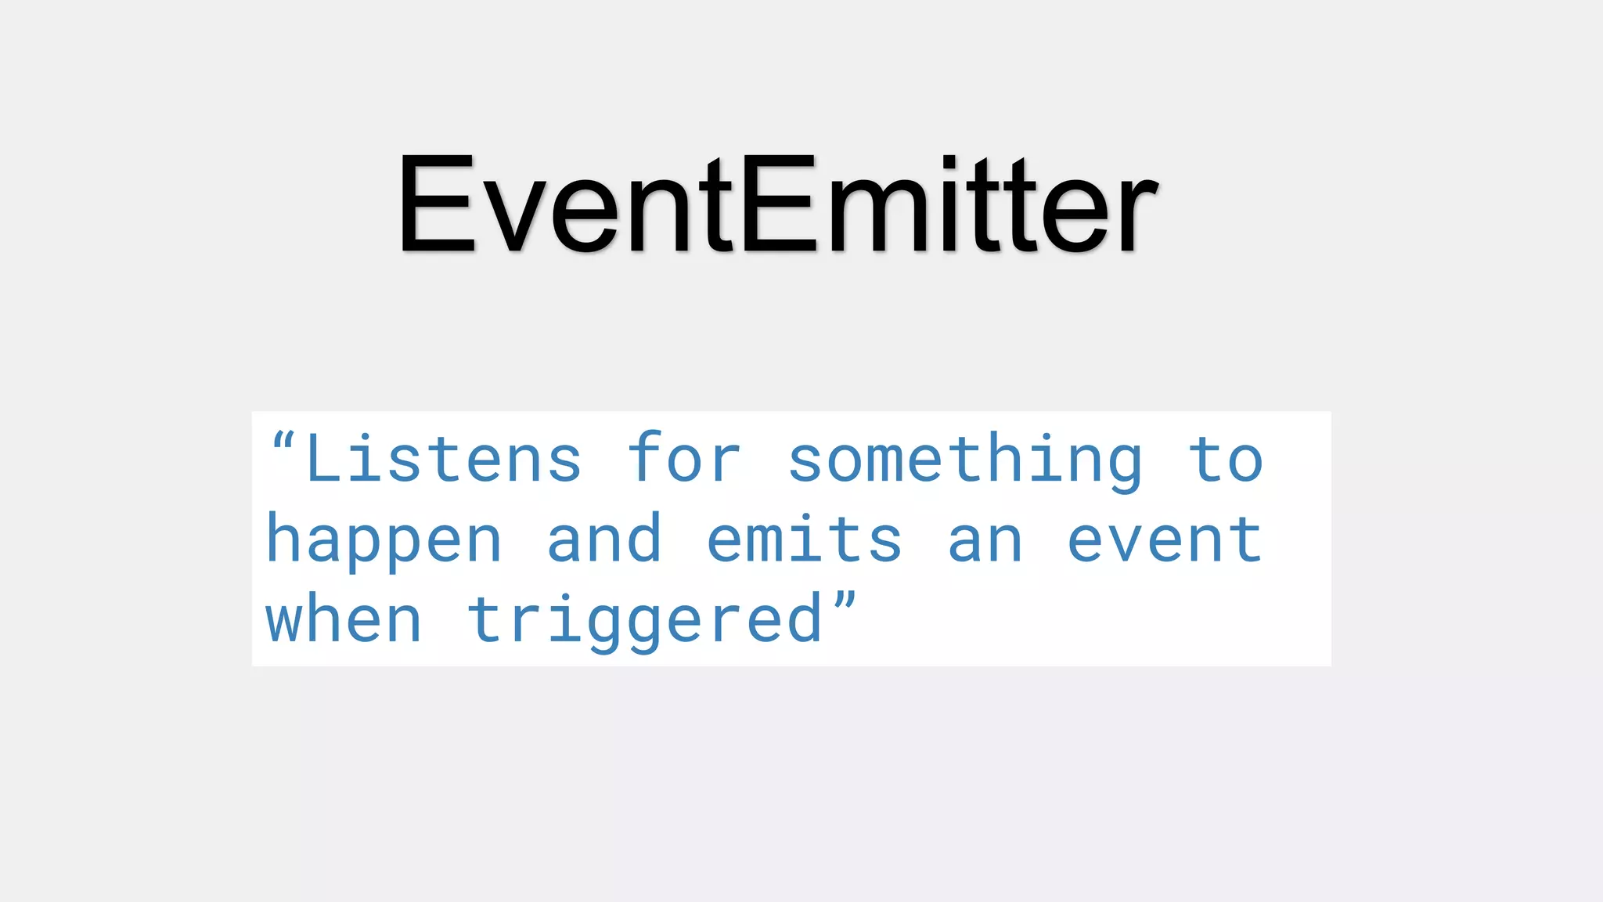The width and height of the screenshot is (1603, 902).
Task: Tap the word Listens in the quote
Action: click(x=444, y=460)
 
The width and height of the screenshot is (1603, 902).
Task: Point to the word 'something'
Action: click(x=964, y=462)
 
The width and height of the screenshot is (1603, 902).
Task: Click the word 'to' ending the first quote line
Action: click(x=1226, y=460)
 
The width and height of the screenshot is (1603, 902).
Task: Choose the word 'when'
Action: click(x=344, y=619)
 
